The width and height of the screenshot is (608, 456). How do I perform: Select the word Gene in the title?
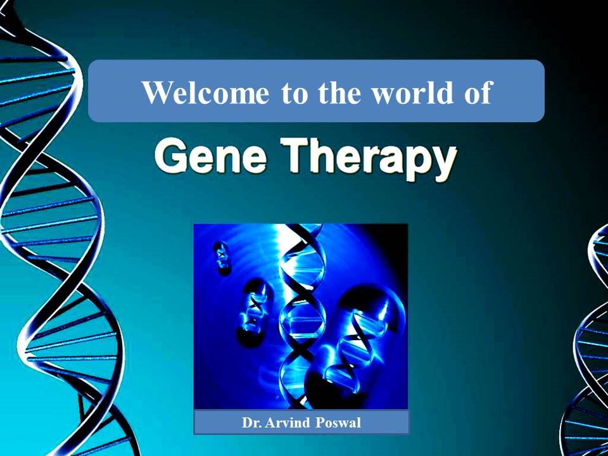[210, 157]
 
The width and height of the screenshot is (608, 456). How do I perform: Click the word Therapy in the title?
[367, 160]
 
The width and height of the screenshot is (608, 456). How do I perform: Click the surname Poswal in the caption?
[338, 422]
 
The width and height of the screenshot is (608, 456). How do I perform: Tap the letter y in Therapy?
[443, 165]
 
